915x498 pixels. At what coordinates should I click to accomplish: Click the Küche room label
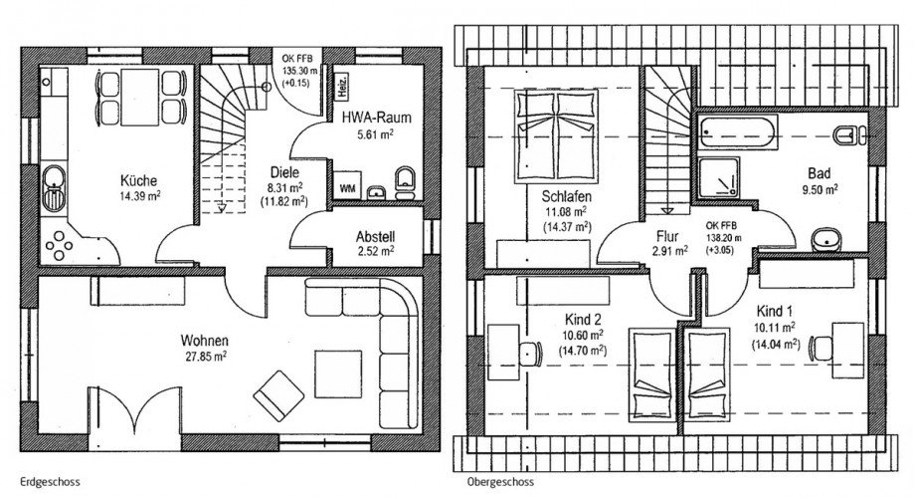point(139,180)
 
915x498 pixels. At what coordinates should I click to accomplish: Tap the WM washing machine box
point(348,186)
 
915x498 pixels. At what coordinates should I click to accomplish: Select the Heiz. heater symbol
point(342,87)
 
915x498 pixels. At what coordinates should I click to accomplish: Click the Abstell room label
point(375,237)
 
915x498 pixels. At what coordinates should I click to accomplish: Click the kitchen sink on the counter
point(55,187)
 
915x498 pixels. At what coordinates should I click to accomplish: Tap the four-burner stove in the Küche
point(60,245)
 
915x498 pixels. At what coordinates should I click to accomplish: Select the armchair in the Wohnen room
point(278,395)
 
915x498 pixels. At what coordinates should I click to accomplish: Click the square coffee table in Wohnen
point(338,374)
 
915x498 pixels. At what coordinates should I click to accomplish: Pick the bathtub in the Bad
point(738,132)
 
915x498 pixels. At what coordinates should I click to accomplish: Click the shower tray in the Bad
point(719,177)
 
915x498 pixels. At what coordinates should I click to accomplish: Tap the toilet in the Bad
point(850,135)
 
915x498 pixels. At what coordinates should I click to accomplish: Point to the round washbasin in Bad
point(825,239)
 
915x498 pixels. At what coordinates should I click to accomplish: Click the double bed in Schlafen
point(556,135)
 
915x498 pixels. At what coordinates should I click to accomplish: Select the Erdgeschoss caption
point(50,482)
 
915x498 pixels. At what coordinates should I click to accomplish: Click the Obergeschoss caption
point(500,482)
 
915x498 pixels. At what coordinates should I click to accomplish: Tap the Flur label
point(667,236)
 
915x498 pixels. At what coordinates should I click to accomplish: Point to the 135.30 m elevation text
point(300,71)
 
